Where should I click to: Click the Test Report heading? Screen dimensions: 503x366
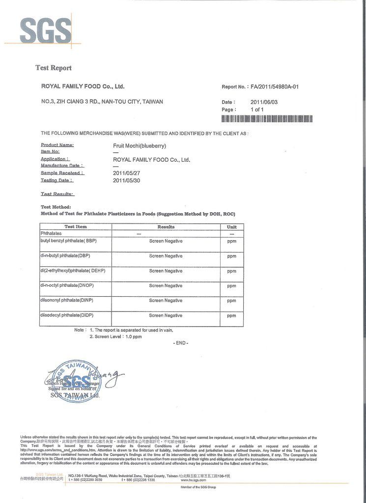pos(53,68)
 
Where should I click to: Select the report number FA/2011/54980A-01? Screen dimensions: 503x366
pos(275,87)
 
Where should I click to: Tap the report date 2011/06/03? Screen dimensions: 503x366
pos(264,102)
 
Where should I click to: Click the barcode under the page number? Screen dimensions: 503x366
pos(267,119)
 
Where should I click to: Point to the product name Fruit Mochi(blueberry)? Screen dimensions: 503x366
pos(140,146)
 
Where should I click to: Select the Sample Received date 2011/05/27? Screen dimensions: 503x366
pos(126,173)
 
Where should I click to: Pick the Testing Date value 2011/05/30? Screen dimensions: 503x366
pos(126,180)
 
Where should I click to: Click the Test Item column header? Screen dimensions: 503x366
pos(76,226)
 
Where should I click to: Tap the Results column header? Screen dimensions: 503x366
pos(166,227)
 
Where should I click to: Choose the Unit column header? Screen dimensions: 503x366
pos(231,227)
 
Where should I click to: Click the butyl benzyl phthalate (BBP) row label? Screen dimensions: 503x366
pos(69,241)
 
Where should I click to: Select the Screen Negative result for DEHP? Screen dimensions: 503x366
pos(166,271)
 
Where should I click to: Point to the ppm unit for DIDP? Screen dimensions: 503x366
pos(231,316)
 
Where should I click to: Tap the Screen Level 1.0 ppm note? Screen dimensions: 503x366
pos(115,337)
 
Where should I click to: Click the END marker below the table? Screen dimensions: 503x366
pos(181,343)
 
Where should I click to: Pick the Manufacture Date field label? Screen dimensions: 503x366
pos(62,166)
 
